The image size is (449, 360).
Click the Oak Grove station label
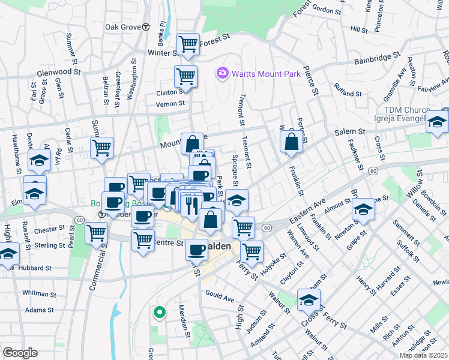[x=122, y=27]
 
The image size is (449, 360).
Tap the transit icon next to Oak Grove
[x=146, y=27]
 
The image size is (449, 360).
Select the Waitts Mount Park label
[x=259, y=73]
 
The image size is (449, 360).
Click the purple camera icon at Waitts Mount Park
[x=223, y=73]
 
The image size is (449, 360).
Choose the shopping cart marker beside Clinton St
[x=185, y=77]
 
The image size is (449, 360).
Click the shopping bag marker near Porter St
[x=291, y=143]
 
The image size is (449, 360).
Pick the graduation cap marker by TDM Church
[x=437, y=122]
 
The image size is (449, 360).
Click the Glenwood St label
[x=58, y=71]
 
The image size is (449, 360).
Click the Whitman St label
[x=38, y=293]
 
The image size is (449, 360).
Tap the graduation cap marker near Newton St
[x=363, y=209]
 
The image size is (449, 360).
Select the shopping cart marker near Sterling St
[x=97, y=233]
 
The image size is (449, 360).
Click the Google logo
[x=19, y=353]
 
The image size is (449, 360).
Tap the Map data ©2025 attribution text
[x=423, y=355]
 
